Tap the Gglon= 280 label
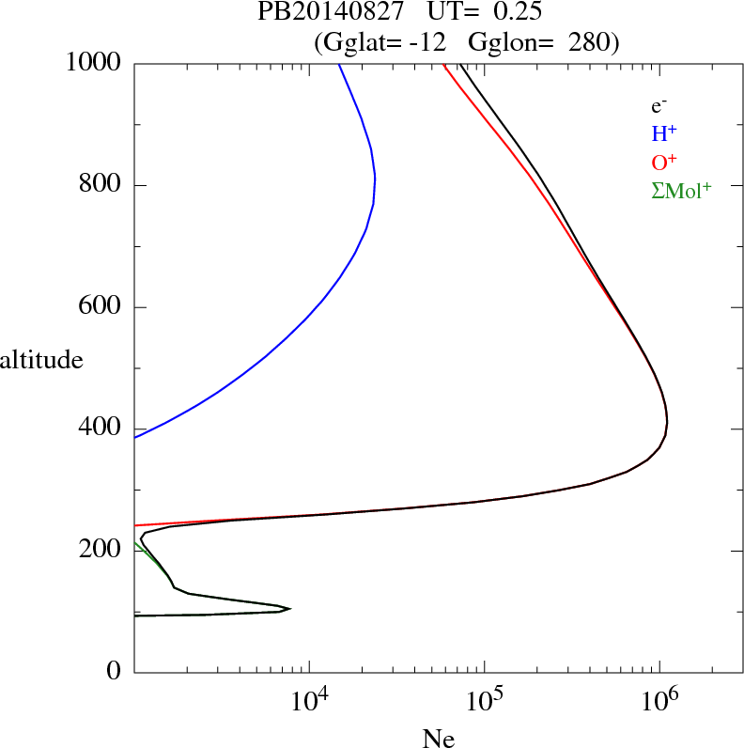[x=544, y=42]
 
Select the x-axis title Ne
[x=439, y=740]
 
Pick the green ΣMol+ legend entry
[x=681, y=190]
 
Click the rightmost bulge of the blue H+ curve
[x=375, y=179]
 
